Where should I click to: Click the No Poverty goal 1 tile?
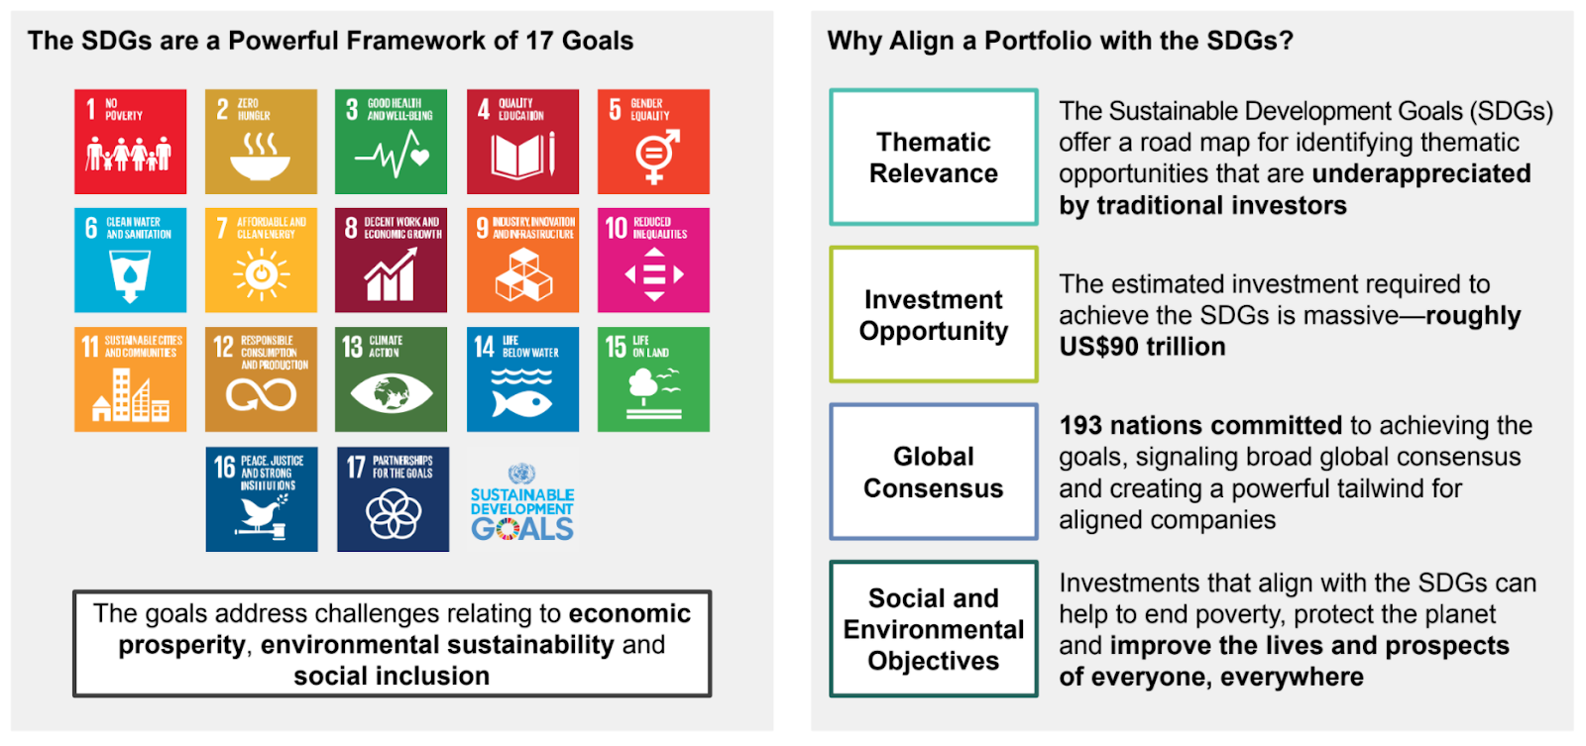130,142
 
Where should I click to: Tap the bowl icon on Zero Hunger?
261,167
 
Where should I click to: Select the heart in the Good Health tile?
420,157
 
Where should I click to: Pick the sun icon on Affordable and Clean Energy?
262,274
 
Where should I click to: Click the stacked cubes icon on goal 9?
523,275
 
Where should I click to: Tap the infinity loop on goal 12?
262,395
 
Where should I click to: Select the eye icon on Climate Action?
392,393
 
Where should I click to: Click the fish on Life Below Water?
521,404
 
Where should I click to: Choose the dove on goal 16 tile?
262,512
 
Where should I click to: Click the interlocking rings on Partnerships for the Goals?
393,514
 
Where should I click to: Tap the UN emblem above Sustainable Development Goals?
521,474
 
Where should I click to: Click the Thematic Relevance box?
934,158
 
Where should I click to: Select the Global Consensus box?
934,473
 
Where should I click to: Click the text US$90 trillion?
1142,347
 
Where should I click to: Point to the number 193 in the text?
1080,425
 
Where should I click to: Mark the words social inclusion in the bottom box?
392,676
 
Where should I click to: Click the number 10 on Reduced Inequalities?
617,228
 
